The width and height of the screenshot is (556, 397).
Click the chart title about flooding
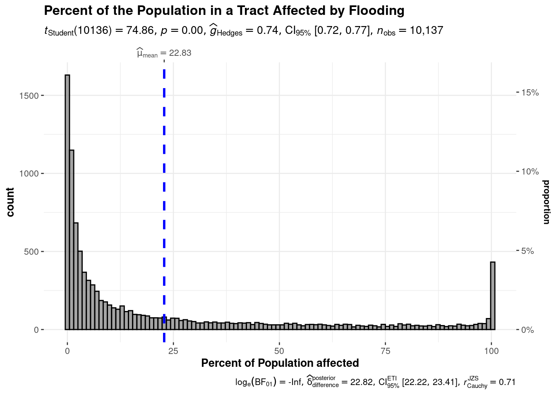224,10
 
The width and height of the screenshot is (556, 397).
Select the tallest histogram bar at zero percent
67,203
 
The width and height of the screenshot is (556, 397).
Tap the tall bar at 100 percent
493,296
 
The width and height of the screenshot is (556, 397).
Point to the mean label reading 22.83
164,53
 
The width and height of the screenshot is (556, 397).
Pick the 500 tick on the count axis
31,252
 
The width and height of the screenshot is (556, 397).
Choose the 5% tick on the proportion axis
528,251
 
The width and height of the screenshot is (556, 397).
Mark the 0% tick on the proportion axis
528,330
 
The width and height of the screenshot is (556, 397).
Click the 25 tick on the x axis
173,351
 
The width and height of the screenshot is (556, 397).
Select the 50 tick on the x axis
279,351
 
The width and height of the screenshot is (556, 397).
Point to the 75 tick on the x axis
385,351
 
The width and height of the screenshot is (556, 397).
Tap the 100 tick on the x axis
491,351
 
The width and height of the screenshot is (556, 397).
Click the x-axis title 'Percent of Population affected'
280,363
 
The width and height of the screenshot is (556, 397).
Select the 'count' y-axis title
10,202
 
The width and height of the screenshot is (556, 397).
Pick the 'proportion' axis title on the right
546,202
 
